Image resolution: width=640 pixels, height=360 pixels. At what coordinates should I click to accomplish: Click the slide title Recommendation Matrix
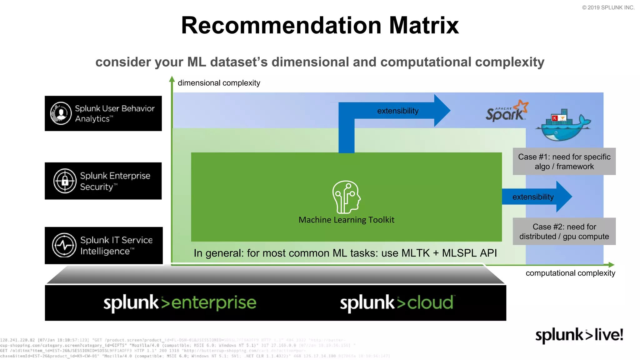coord(320,25)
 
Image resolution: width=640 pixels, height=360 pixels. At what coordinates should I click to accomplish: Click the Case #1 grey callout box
coord(564,161)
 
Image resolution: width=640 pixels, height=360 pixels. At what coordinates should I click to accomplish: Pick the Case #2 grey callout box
coord(564,231)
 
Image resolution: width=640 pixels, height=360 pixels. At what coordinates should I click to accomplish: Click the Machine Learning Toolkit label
coord(346,220)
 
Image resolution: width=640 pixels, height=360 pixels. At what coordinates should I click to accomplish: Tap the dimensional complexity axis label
coord(219,83)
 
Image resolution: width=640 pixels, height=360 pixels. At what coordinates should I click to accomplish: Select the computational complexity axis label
coord(570,273)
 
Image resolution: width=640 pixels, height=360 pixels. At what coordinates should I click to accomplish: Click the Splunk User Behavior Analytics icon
coord(61,113)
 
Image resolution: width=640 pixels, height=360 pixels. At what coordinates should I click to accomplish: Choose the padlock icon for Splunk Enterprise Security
coord(65,181)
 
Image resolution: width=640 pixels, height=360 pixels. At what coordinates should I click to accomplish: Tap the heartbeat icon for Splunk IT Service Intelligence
coord(64,245)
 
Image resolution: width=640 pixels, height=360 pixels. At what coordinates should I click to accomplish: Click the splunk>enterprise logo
coord(180,302)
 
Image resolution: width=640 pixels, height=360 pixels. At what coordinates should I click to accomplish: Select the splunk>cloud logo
coord(397,302)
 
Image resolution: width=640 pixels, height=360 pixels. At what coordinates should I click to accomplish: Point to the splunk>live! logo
coord(579,335)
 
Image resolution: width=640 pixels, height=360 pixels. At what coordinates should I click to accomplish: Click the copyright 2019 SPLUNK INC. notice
coord(608,7)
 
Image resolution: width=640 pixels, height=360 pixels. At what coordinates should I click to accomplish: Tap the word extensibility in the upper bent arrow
coord(397,111)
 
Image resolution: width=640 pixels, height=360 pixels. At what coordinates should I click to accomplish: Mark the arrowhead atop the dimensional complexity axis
coord(172,79)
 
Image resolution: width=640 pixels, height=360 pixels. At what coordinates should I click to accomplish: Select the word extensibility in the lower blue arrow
coord(533,197)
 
